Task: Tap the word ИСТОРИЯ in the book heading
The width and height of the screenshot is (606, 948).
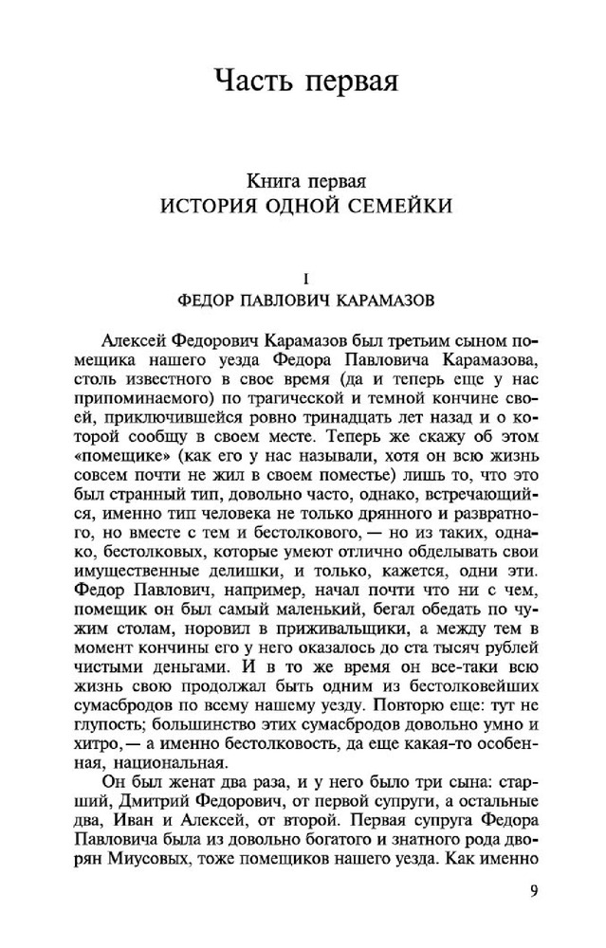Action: click(205, 204)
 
